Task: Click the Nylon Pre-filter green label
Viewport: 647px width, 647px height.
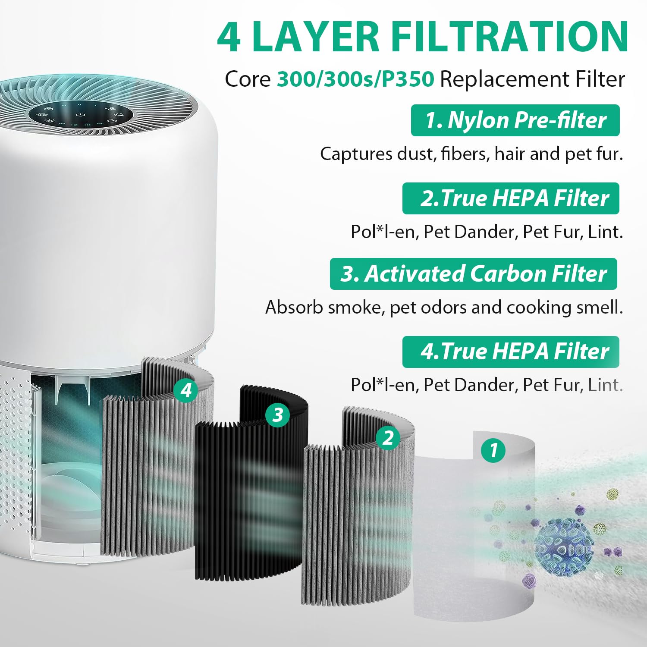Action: pyautogui.click(x=515, y=120)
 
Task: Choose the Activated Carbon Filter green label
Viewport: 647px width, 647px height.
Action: pyautogui.click(x=473, y=274)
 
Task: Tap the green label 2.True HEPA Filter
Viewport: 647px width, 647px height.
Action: pyautogui.click(x=511, y=198)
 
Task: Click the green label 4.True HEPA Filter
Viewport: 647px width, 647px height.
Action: pyautogui.click(x=511, y=352)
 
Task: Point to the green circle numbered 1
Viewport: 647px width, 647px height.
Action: pyautogui.click(x=493, y=450)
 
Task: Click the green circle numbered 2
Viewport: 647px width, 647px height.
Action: pyautogui.click(x=388, y=438)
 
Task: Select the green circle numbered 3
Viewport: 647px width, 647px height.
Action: pyautogui.click(x=277, y=415)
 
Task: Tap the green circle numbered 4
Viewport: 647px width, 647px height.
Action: pyautogui.click(x=186, y=390)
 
